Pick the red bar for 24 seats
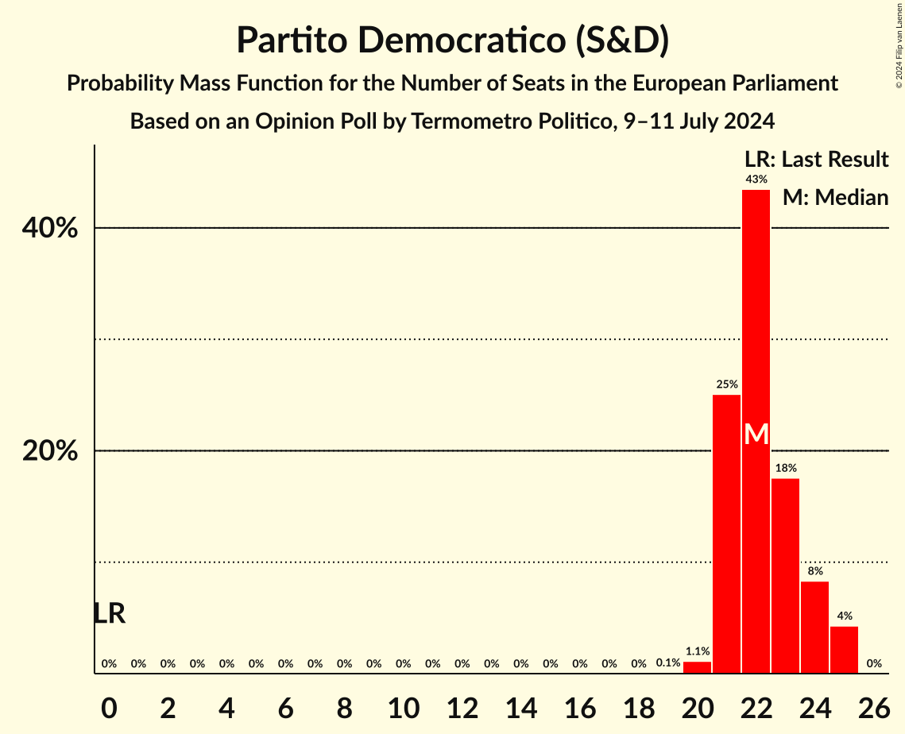coord(814,628)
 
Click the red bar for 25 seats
coord(844,650)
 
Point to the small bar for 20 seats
coord(697,667)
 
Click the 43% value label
coord(756,180)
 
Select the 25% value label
coord(726,384)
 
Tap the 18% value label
coord(785,468)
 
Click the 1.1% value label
coord(697,651)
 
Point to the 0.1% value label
coord(667,663)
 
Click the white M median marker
coord(756,435)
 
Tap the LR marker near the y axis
coord(109,613)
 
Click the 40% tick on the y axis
coord(50,229)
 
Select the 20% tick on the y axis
coord(50,451)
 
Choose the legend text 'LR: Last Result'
coord(816,160)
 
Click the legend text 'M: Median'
coord(835,198)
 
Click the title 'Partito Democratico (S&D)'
coord(452,41)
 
